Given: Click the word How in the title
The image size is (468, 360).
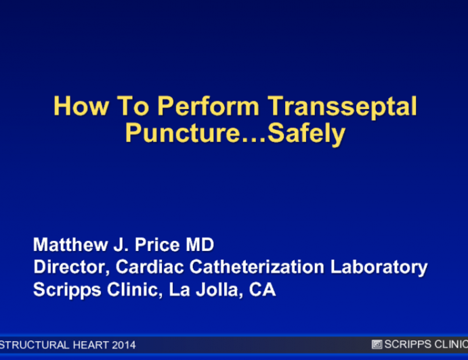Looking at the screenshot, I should (x=74, y=107).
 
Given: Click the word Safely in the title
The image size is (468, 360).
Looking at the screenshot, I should (x=307, y=133).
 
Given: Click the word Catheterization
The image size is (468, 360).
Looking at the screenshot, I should (x=254, y=267).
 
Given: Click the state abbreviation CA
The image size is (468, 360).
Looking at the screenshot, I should (x=262, y=290).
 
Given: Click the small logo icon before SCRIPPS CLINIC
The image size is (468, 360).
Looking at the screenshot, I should (x=377, y=344).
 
